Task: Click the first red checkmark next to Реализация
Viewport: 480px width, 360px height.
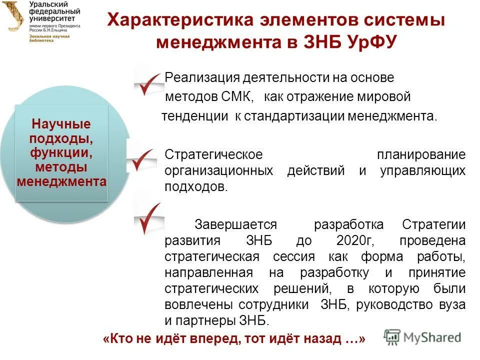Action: pyautogui.click(x=148, y=83)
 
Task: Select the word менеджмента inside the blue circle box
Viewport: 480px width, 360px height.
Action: pyautogui.click(x=61, y=181)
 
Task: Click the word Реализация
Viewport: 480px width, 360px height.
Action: pyautogui.click(x=202, y=78)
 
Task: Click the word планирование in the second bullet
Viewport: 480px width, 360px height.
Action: pyautogui.click(x=421, y=154)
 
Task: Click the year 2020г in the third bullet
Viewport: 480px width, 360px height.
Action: pyautogui.click(x=355, y=240)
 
